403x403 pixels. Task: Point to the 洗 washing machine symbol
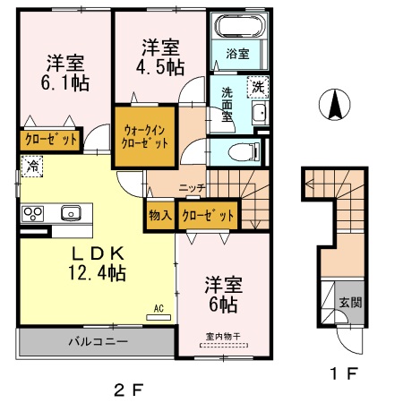click(x=257, y=87)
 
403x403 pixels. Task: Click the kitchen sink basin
click(x=70, y=213)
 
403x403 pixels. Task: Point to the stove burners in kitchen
click(x=33, y=213)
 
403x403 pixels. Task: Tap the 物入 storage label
click(x=159, y=215)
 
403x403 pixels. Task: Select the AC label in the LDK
click(x=159, y=309)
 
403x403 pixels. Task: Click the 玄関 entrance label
click(x=350, y=302)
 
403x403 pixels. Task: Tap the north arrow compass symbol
click(x=335, y=106)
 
